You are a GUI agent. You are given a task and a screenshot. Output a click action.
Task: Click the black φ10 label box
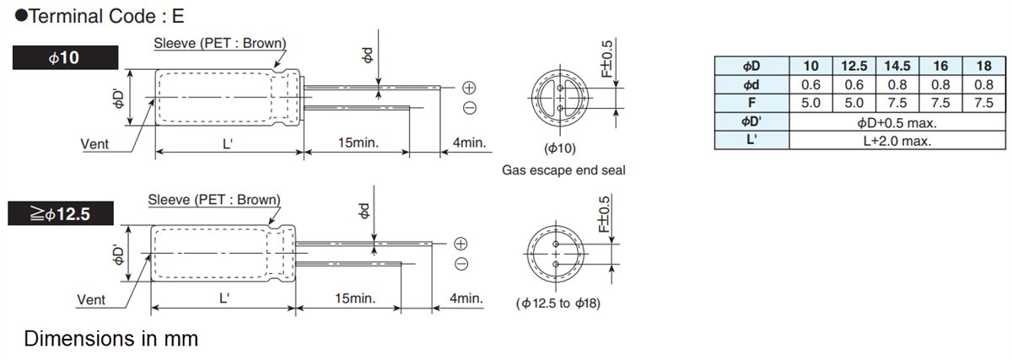(x=65, y=58)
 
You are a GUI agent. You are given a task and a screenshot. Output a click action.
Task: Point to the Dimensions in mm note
(x=111, y=339)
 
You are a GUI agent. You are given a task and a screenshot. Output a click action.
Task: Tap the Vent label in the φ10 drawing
(x=94, y=144)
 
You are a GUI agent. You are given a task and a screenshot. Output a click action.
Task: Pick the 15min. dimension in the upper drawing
(x=358, y=143)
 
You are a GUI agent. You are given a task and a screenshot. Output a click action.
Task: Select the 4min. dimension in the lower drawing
(x=466, y=298)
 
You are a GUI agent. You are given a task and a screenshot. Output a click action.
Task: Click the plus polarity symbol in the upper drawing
(x=469, y=88)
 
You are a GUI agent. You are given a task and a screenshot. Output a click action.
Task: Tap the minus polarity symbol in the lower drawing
(x=461, y=264)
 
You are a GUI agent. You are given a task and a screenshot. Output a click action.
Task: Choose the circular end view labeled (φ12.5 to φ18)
(x=557, y=254)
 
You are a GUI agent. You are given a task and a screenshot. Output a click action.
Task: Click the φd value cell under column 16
(x=940, y=84)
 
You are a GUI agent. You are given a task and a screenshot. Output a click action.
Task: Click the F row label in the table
(x=751, y=103)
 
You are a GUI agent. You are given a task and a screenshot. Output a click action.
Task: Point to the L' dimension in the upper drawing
(x=227, y=143)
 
